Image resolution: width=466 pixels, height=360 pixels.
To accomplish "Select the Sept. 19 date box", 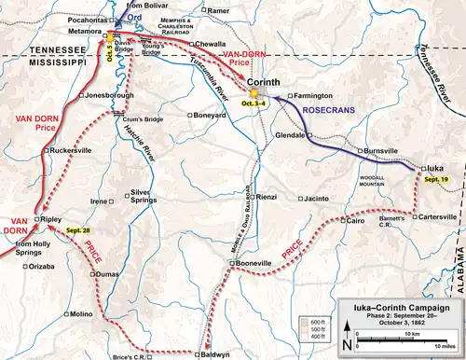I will (436, 177).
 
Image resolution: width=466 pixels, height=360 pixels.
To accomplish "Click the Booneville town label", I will (254, 264).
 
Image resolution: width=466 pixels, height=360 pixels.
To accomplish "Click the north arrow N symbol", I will (347, 344).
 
